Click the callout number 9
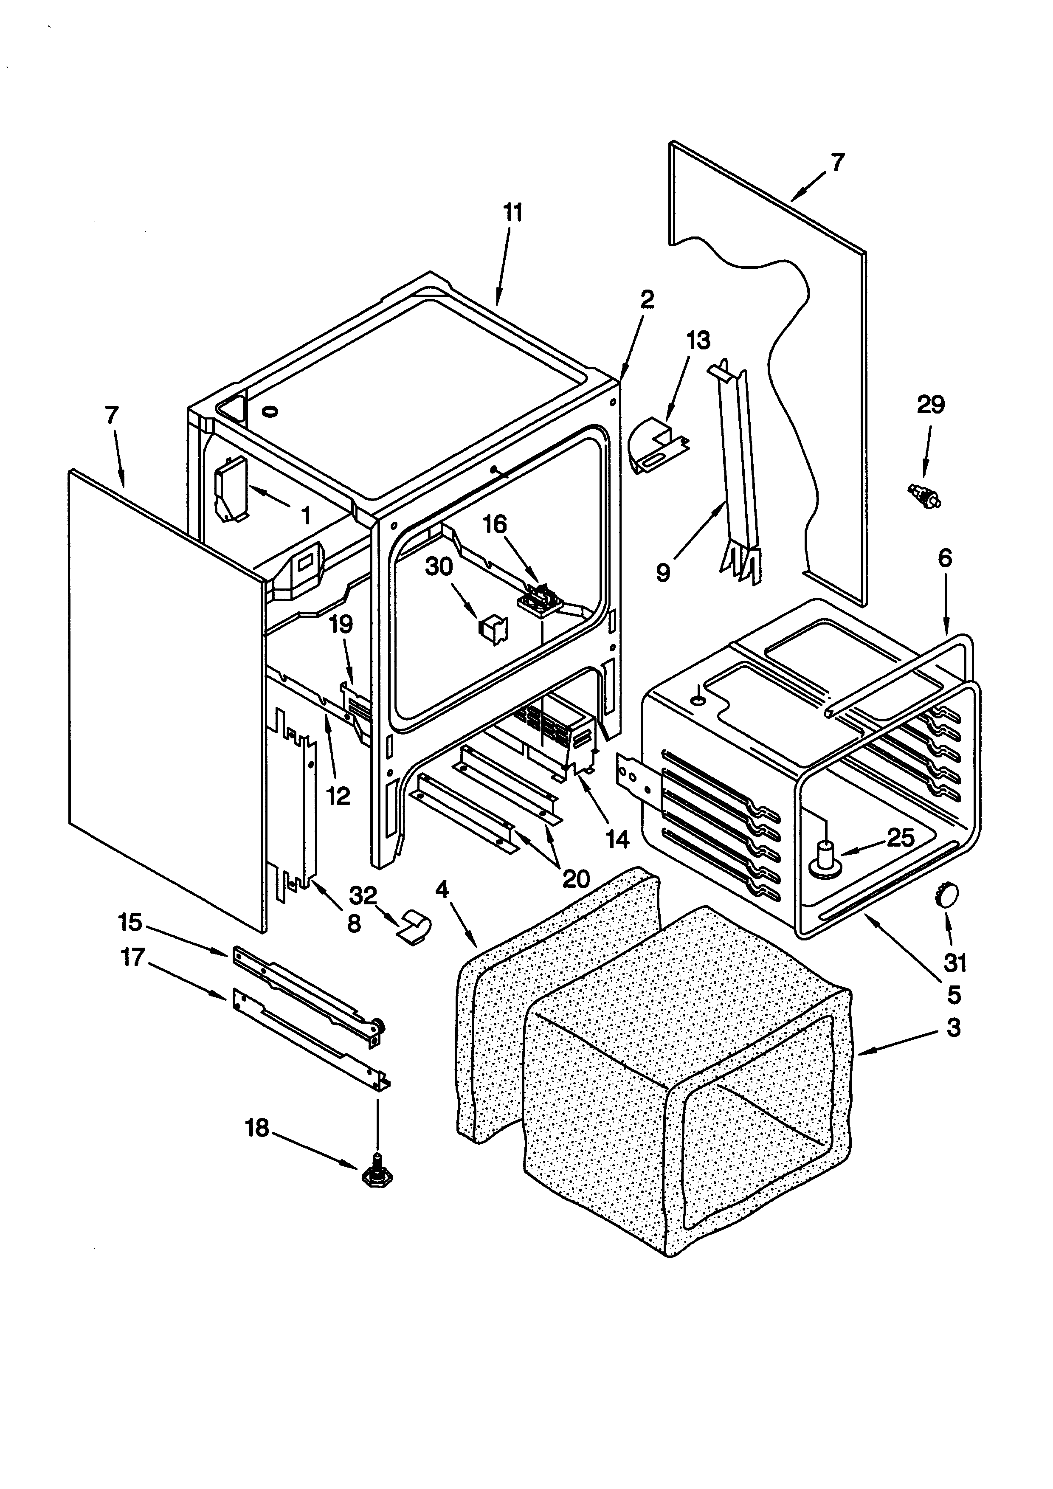pos(663,573)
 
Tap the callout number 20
pos(575,879)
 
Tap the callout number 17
pos(132,957)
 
